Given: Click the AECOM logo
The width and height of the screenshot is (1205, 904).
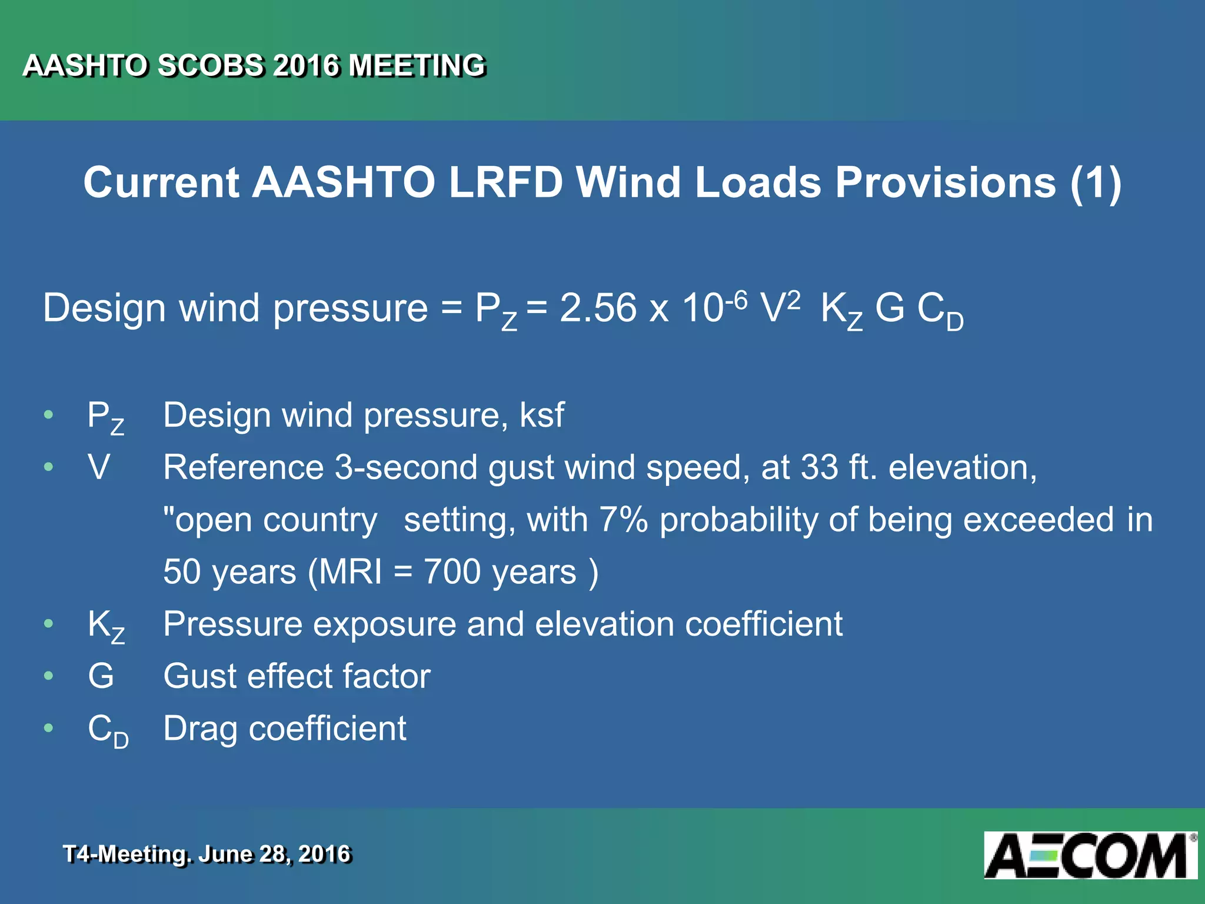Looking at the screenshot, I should click(1090, 855).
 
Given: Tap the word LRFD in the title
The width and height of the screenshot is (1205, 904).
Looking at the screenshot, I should click(505, 182).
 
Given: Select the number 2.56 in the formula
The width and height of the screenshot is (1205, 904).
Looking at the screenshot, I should click(598, 308).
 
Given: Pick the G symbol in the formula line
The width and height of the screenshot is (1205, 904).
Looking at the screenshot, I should click(889, 308).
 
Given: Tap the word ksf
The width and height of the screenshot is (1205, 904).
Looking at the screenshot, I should click(541, 415).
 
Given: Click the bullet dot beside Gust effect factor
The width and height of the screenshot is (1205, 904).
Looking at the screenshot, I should click(49, 676).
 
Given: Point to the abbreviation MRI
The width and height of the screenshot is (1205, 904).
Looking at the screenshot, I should click(350, 571).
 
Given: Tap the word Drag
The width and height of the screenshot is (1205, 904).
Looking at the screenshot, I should click(200, 729).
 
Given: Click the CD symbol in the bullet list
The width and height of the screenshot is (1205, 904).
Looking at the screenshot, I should click(108, 730).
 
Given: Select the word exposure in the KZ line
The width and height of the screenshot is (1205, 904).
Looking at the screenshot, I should click(384, 624).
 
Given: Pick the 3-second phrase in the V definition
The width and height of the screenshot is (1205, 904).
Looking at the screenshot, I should click(406, 468).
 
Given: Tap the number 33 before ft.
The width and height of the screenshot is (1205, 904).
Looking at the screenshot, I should click(819, 468).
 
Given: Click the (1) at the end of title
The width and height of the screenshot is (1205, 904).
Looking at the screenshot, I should click(1096, 183).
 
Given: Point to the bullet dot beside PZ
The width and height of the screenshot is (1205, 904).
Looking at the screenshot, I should click(49, 415).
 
